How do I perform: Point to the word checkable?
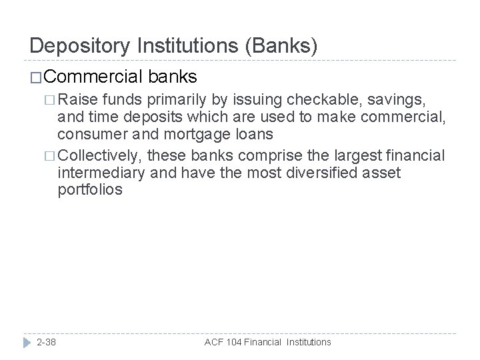click(x=319, y=101)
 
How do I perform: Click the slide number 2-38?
click(x=46, y=341)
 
